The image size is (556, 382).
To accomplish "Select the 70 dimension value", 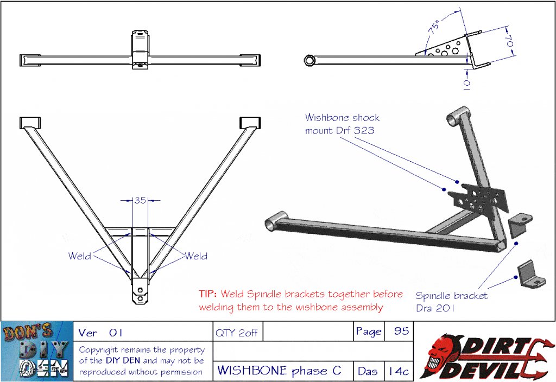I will [x=509, y=41].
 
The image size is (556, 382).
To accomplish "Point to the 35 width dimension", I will [x=140, y=200].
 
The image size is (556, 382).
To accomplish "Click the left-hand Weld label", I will [x=80, y=256].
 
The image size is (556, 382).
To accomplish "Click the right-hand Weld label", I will [x=196, y=256].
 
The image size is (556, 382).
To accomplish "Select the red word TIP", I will [x=208, y=294].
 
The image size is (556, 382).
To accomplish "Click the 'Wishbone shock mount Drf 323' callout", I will [x=342, y=124].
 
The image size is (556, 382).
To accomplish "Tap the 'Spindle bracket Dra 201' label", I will [x=451, y=301].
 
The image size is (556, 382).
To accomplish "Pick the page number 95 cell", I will [x=401, y=331].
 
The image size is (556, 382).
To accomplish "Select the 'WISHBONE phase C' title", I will [x=280, y=371].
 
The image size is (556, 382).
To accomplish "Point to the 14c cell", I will [x=398, y=372].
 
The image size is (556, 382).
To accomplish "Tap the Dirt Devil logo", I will [x=484, y=352].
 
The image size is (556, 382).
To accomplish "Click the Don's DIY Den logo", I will [x=37, y=352].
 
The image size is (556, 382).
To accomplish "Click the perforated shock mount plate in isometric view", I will [x=481, y=199].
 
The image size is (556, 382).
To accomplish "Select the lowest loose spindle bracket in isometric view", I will [x=529, y=274].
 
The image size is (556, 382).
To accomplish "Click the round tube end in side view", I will [x=310, y=60].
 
